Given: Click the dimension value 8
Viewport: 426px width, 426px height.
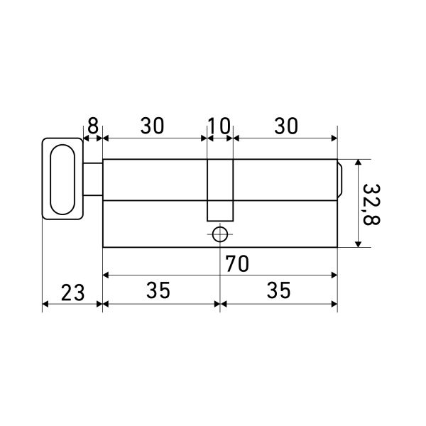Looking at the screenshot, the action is (x=92, y=126).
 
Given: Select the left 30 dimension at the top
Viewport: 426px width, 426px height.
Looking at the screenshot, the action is (x=153, y=126).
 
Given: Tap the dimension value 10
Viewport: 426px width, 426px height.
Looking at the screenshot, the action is (x=219, y=126).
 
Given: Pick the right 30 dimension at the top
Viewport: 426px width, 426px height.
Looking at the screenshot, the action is (x=286, y=126).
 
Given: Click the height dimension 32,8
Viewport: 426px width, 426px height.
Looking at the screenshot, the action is (x=371, y=204).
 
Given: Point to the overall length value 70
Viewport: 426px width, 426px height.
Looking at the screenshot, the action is (x=237, y=263).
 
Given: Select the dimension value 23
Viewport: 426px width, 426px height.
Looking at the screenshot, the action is (x=72, y=293).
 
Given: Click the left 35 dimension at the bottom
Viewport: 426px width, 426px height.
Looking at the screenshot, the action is (x=158, y=290).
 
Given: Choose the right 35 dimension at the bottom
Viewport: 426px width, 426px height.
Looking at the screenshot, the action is (x=279, y=290).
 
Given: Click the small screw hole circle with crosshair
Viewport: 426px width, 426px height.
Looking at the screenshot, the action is (x=220, y=234).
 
